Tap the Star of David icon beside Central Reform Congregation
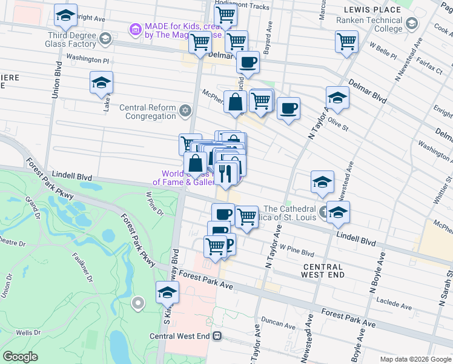click(x=186, y=110)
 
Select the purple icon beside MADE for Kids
click(x=134, y=29)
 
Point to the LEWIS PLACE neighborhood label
click(x=372, y=10)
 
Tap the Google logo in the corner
click(x=21, y=357)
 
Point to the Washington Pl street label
click(x=87, y=59)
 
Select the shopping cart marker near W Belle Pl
click(x=347, y=42)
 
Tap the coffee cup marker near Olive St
click(x=288, y=109)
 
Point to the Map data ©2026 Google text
click(x=415, y=359)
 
